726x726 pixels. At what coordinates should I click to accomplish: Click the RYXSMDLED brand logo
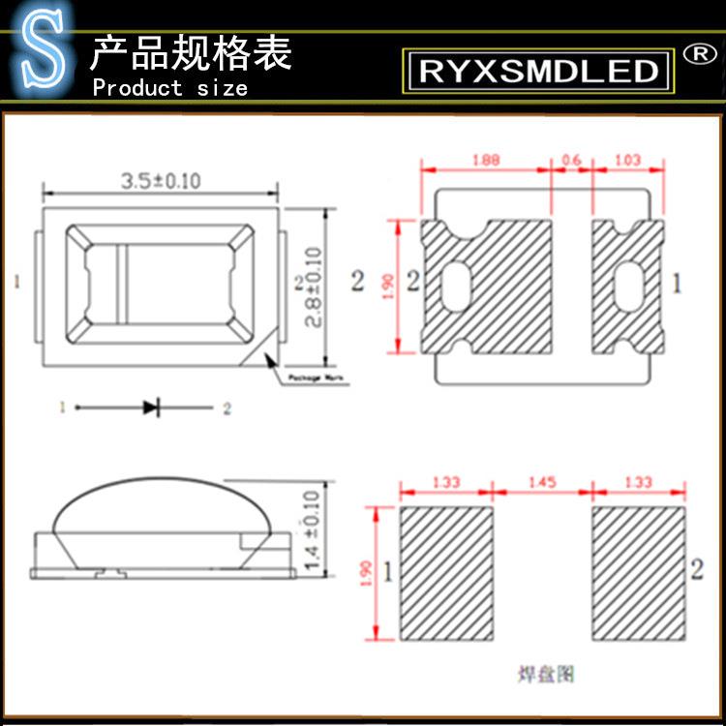tap(538, 70)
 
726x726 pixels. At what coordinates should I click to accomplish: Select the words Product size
tap(169, 88)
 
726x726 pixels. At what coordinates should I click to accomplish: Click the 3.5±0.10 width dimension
tap(161, 181)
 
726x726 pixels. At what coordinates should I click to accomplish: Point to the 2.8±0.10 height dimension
tap(314, 287)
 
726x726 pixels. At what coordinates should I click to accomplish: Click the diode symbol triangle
tap(150, 408)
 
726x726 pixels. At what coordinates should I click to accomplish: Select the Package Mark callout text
tap(319, 378)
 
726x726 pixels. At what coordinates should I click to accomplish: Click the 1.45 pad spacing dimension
tap(542, 482)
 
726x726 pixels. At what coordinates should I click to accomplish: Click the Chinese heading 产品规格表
tap(190, 53)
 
